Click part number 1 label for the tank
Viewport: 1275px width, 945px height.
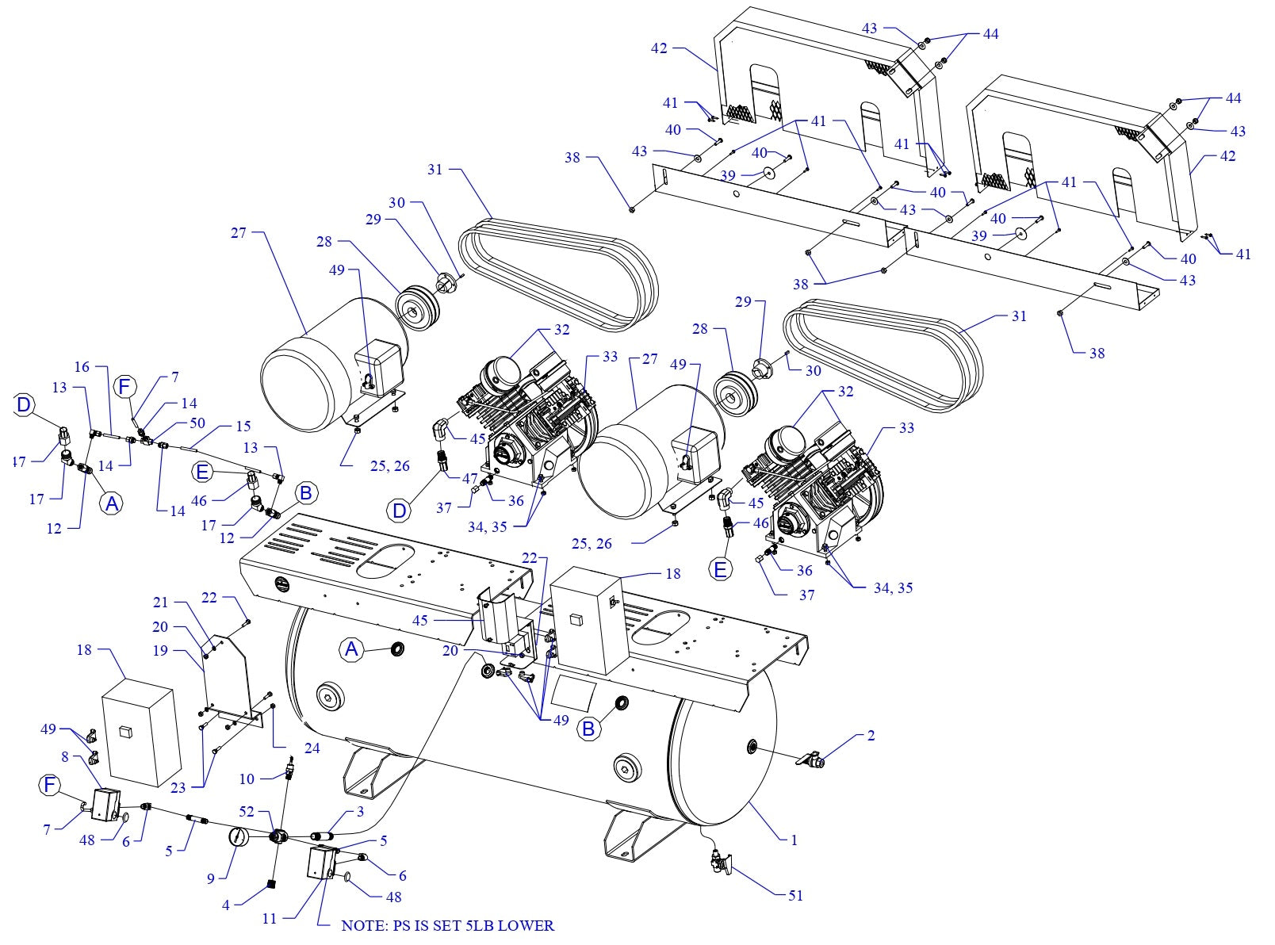click(794, 840)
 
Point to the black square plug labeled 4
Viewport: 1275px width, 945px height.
click(270, 884)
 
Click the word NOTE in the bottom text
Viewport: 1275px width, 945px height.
click(362, 925)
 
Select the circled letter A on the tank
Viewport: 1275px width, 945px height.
click(351, 650)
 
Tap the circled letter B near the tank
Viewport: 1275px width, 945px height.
click(588, 728)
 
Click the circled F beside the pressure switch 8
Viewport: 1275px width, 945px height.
click(50, 785)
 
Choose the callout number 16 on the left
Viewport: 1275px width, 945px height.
click(82, 367)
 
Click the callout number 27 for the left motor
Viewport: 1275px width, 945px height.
click(239, 232)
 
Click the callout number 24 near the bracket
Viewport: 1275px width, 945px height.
click(312, 748)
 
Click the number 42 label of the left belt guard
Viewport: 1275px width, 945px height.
click(659, 48)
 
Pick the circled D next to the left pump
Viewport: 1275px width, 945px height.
click(400, 510)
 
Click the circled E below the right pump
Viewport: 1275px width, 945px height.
click(721, 570)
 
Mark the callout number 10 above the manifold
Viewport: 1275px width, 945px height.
click(247, 779)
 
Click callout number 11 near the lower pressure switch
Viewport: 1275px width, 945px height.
click(270, 918)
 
